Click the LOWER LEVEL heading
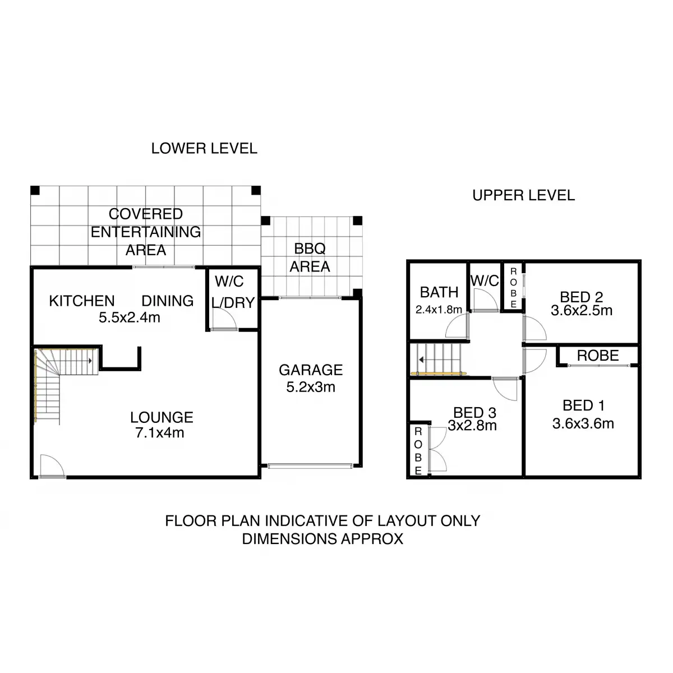(x=204, y=149)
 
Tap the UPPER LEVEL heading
(x=523, y=195)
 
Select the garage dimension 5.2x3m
(x=311, y=387)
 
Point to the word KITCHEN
(x=82, y=301)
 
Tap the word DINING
(x=167, y=301)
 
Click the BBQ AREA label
(x=310, y=257)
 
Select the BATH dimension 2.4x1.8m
(x=439, y=310)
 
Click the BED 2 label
(x=582, y=297)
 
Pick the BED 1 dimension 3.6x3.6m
(x=583, y=423)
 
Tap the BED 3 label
(x=474, y=413)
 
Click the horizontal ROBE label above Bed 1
(x=598, y=356)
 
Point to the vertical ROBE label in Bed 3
(x=418, y=451)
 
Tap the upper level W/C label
(x=485, y=281)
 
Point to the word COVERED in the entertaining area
(x=146, y=214)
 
